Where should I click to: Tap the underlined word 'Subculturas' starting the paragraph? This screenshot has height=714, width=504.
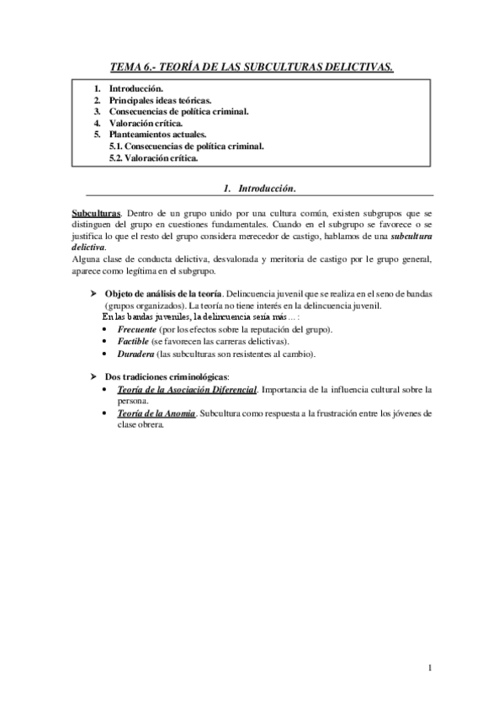(x=95, y=215)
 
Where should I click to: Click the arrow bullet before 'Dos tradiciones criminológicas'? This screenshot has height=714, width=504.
(x=94, y=376)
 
